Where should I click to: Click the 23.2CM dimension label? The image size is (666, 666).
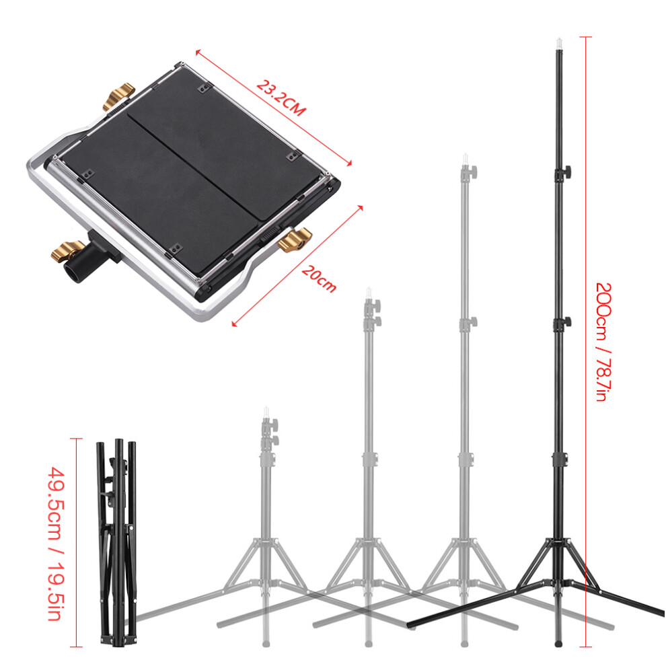pyautogui.click(x=281, y=98)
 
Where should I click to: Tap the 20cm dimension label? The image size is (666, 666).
pyautogui.click(x=319, y=279)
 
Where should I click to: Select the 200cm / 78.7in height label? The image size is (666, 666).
pyautogui.click(x=603, y=342)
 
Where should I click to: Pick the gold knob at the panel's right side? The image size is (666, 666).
pyautogui.click(x=295, y=240)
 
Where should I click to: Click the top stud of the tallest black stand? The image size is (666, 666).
pyautogui.click(x=559, y=43)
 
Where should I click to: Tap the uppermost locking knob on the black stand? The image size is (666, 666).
pyautogui.click(x=564, y=173)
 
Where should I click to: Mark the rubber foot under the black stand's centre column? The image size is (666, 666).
pyautogui.click(x=558, y=644)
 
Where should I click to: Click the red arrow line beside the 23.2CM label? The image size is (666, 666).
pyautogui.click(x=274, y=108)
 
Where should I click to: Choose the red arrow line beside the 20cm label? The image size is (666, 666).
pyautogui.click(x=297, y=266)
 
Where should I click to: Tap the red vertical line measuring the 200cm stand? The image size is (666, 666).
pyautogui.click(x=586, y=342)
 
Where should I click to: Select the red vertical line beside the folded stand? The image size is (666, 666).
pyautogui.click(x=76, y=542)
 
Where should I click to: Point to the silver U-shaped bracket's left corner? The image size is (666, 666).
pyautogui.click(x=30, y=163)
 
